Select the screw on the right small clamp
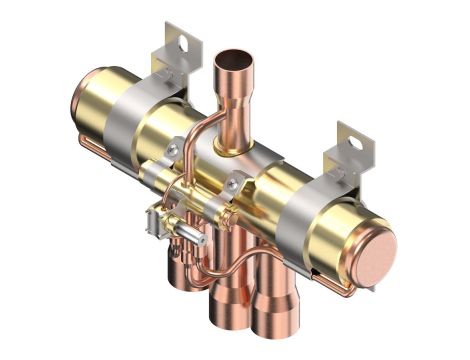238,182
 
